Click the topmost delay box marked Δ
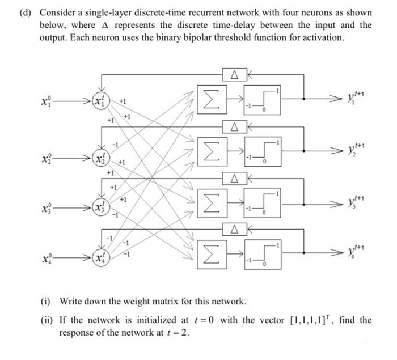click(233, 74)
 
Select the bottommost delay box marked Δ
click(233, 228)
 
